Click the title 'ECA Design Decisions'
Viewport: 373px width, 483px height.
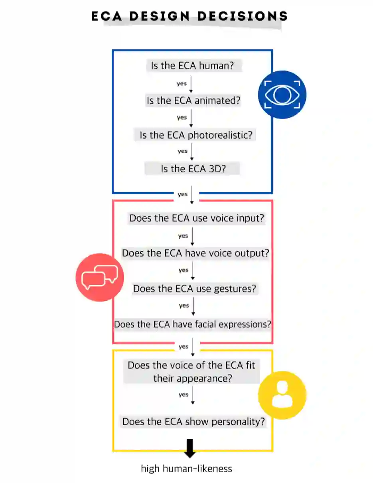pos(190,16)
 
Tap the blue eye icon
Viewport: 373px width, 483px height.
pos(282,95)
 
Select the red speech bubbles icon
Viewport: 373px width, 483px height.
pos(100,277)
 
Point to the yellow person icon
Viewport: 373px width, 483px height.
pos(282,395)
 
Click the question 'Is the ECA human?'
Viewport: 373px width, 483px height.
pos(192,66)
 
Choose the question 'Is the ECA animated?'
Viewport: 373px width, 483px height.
pos(193,101)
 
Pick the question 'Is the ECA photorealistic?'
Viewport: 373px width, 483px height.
pos(196,135)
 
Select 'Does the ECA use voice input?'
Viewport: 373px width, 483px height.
pos(197,218)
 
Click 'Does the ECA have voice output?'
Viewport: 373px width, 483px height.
pos(195,253)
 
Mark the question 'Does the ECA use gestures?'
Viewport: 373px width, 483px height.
pos(194,288)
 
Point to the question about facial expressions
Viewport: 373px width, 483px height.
pos(192,324)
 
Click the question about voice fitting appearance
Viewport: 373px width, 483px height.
pos(191,371)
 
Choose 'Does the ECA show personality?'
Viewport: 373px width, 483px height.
pos(193,422)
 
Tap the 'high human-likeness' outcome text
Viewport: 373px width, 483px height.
pos(186,469)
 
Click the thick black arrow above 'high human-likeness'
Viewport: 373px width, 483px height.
pos(190,448)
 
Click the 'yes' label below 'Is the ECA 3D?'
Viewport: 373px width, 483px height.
pos(182,194)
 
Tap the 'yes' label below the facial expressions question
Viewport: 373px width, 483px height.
pos(183,347)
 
